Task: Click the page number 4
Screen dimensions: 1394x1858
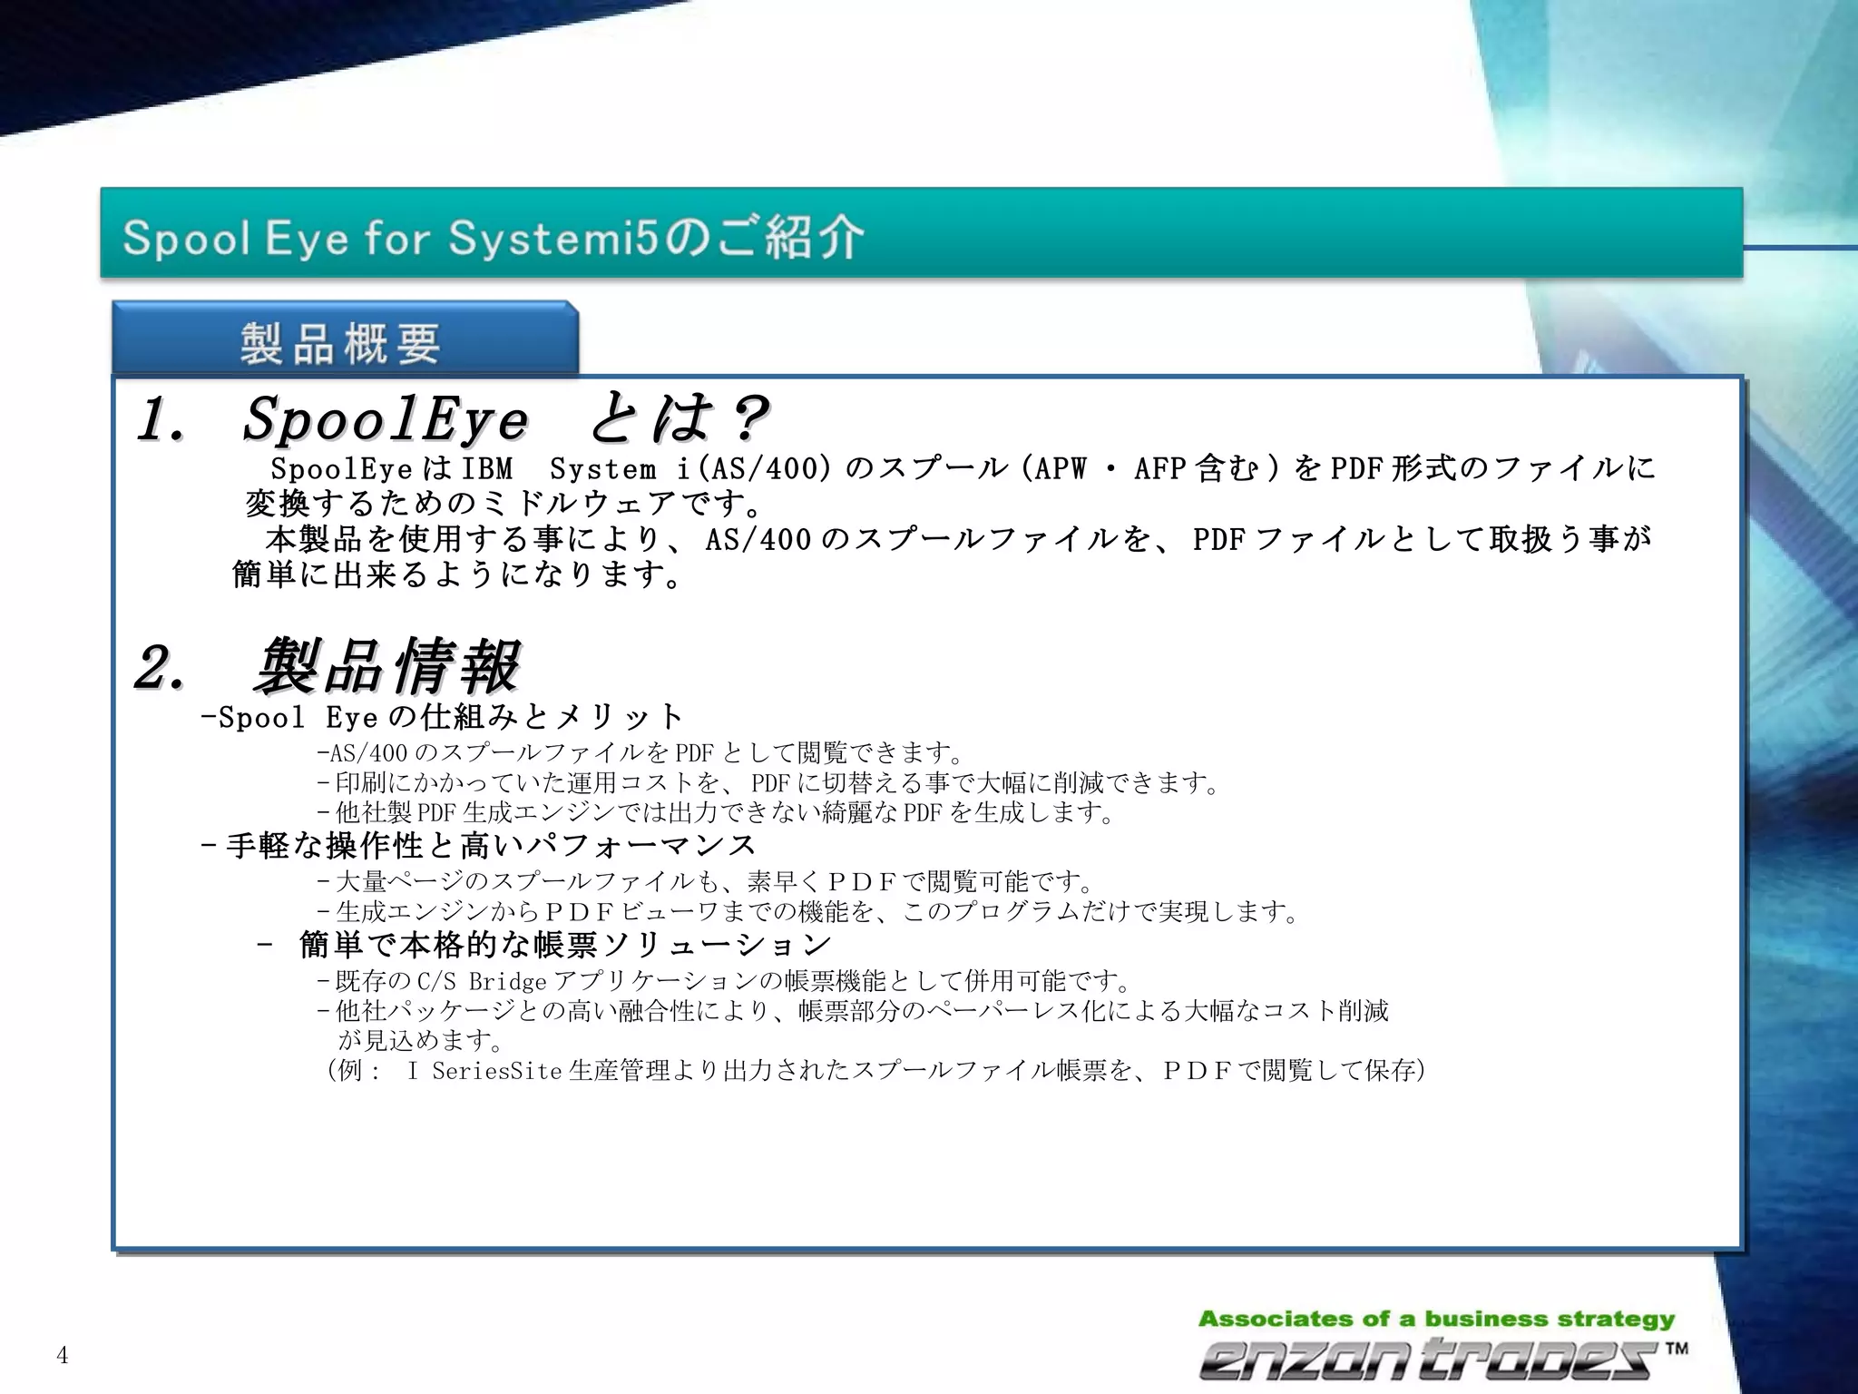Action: click(x=62, y=1355)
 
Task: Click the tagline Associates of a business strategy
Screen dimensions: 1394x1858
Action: click(x=1436, y=1319)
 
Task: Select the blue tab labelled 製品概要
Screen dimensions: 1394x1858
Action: click(x=343, y=343)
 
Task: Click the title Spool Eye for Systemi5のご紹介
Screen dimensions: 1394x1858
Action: click(x=493, y=237)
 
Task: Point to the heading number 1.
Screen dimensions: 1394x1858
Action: click(x=161, y=421)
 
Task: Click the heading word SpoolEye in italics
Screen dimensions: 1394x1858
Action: click(x=385, y=419)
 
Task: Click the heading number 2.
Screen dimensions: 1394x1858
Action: click(x=160, y=669)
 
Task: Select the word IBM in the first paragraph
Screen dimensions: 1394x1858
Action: click(x=487, y=469)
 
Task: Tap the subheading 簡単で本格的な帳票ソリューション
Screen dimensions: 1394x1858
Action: click(x=564, y=945)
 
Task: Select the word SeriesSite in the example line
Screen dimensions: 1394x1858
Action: click(x=496, y=1071)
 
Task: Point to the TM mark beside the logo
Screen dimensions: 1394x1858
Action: click(x=1676, y=1348)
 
